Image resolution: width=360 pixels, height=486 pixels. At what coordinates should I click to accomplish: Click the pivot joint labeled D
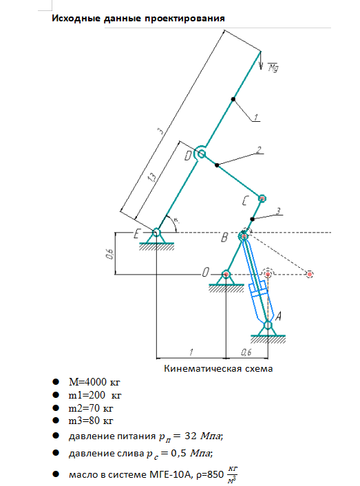click(x=201, y=154)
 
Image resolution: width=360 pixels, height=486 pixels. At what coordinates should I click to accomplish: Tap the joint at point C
click(x=262, y=198)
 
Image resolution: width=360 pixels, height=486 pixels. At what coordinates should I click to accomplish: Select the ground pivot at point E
click(x=156, y=232)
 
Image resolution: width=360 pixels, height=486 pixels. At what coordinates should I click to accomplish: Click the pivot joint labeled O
click(x=226, y=274)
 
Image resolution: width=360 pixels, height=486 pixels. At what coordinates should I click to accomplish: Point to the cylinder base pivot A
click(x=268, y=326)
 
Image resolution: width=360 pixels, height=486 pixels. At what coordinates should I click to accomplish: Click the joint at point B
click(x=244, y=237)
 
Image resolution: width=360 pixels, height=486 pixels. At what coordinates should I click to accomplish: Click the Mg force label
click(x=273, y=67)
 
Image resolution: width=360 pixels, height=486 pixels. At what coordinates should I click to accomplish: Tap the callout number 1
click(x=255, y=117)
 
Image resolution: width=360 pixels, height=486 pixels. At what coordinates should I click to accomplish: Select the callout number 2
click(x=259, y=150)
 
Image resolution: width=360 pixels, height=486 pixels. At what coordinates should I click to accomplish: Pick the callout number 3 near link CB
click(x=278, y=211)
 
